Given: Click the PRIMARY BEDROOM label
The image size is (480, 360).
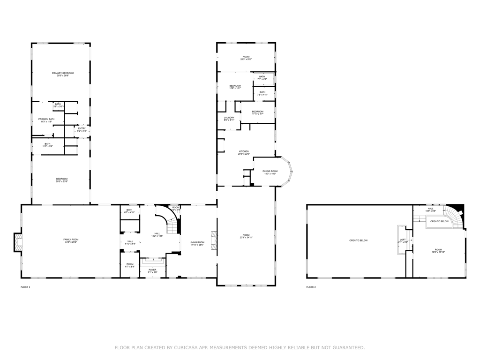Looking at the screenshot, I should (x=63, y=73).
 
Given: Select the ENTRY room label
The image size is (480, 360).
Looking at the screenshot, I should (x=82, y=128).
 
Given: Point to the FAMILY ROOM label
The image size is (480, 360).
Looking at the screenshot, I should (x=71, y=240).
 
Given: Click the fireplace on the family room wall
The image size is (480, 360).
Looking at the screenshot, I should (x=18, y=242).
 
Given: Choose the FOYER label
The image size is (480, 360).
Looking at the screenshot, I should (x=152, y=270).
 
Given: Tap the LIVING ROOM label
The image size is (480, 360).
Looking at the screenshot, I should (x=197, y=242).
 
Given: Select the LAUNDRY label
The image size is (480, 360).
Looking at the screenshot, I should (x=229, y=118).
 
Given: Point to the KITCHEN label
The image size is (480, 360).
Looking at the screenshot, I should (x=243, y=151).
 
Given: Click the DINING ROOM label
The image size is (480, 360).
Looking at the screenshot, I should (x=270, y=171).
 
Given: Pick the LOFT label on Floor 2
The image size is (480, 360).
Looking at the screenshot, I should (x=403, y=240).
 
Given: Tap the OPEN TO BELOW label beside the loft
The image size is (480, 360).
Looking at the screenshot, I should (x=358, y=240).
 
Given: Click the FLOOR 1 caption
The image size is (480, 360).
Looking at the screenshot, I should (x=25, y=287).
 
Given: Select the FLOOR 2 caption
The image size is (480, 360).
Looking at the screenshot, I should (x=311, y=287).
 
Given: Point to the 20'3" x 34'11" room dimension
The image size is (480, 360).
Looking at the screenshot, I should (x=246, y=238).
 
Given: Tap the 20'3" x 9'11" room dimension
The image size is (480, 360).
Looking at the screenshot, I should (x=246, y=59).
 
